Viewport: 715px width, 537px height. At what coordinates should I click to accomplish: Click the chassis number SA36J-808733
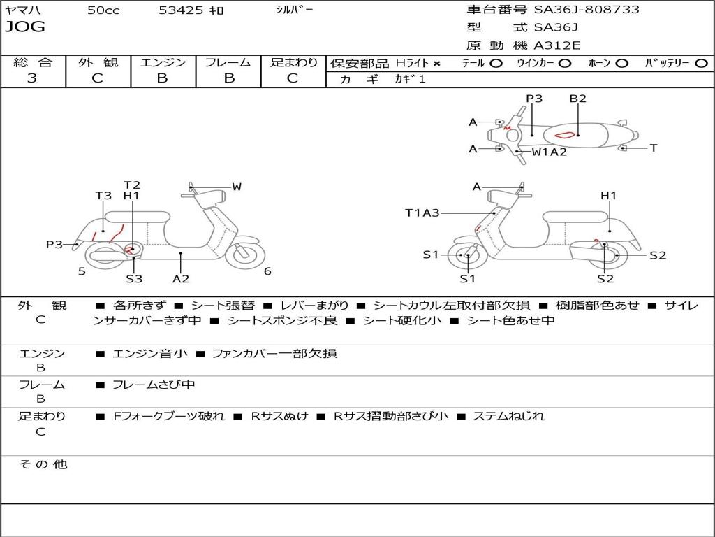tap(587, 10)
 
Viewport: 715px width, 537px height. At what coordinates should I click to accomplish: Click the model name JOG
tap(24, 27)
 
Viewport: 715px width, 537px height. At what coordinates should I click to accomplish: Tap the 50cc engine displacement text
tap(103, 10)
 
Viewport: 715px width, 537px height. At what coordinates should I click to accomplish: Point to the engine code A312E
tap(557, 45)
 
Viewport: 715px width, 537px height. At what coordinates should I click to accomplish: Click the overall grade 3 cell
tap(32, 78)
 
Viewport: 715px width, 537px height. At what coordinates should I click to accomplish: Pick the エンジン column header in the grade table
tap(163, 62)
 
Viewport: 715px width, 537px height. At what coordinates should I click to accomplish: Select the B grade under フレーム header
tap(228, 78)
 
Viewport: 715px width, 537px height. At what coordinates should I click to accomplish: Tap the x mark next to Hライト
tap(437, 64)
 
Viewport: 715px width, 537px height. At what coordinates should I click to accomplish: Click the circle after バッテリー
tap(701, 63)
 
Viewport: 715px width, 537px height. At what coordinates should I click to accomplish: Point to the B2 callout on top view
tap(577, 99)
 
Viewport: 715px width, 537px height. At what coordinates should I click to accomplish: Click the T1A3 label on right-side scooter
tap(422, 213)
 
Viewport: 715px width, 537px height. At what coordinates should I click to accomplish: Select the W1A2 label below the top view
tap(550, 152)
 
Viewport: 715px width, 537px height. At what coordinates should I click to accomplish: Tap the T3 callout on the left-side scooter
tap(103, 196)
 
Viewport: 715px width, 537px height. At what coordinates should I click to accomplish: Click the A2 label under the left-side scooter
tap(181, 279)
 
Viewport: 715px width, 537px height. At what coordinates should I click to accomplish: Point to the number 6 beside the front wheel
tap(267, 271)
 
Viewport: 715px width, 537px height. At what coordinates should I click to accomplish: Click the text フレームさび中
tap(154, 385)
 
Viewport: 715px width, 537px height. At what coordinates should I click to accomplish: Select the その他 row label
tap(43, 464)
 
